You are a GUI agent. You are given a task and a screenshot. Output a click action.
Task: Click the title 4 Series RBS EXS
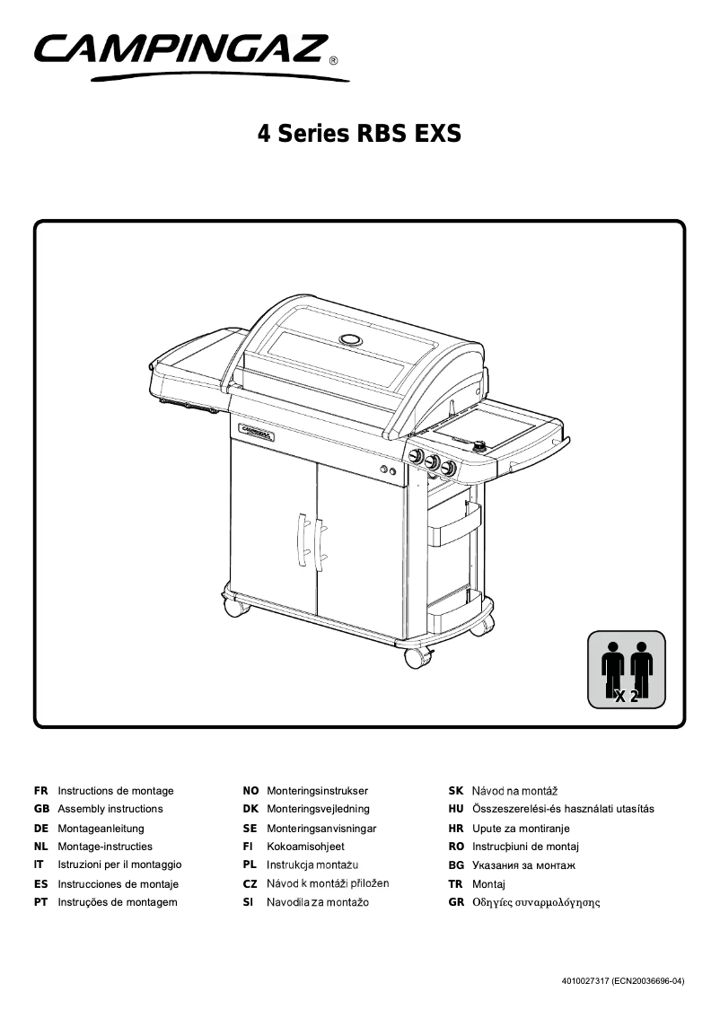[359, 134]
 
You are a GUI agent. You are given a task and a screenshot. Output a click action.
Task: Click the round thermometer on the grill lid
[350, 340]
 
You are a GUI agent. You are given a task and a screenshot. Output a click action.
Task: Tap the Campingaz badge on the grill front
[258, 431]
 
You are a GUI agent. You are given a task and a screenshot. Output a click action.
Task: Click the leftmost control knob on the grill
[417, 457]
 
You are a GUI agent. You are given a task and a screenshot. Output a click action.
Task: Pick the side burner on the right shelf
[479, 443]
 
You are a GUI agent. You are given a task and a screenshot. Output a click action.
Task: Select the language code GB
[40, 809]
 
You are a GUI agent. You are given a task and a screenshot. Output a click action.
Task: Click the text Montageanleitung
[101, 829]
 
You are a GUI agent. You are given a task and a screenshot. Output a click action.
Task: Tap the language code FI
[248, 847]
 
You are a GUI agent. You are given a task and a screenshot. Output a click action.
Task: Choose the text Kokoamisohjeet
[305, 847]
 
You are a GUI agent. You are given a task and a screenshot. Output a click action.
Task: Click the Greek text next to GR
[536, 902]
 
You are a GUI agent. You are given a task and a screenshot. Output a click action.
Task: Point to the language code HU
[455, 809]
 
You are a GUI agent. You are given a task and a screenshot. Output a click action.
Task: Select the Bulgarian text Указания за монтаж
[523, 865]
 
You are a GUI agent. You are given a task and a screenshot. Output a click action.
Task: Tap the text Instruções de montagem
[117, 902]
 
